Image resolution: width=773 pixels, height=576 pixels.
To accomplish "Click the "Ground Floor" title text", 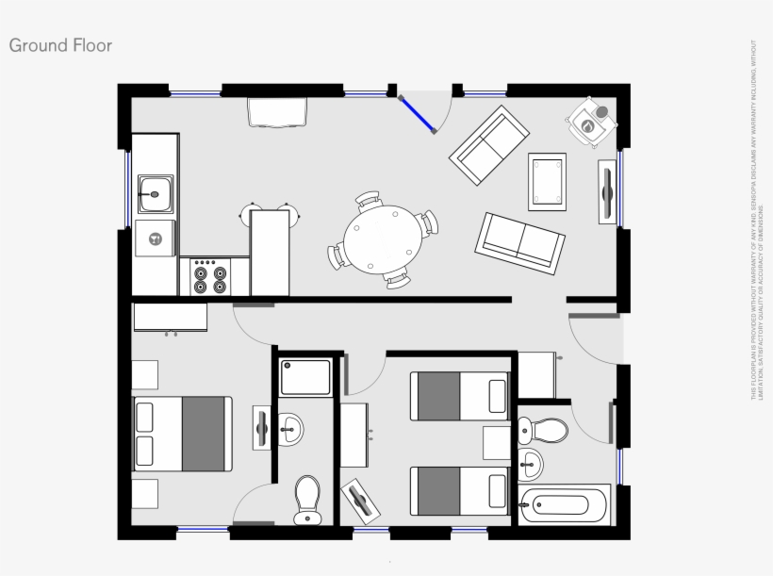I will pyautogui.click(x=60, y=45).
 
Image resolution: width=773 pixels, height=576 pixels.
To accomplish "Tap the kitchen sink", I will pyautogui.click(x=155, y=194).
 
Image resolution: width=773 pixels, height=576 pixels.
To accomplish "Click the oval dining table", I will pyautogui.click(x=381, y=239).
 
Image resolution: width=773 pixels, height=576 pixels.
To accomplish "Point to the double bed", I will pyautogui.click(x=183, y=433).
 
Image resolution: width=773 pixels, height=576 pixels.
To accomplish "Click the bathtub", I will pyautogui.click(x=565, y=504).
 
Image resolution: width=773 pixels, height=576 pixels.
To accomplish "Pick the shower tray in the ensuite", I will pyautogui.click(x=306, y=376).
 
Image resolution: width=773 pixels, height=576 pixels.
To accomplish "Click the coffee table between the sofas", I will pyautogui.click(x=548, y=179).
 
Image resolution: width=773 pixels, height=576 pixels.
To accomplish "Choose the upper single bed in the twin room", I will pyautogui.click(x=459, y=396).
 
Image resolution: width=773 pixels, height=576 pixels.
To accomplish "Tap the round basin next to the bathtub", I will pyautogui.click(x=532, y=463).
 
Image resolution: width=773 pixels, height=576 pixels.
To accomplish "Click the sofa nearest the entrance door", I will pyautogui.click(x=489, y=144).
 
